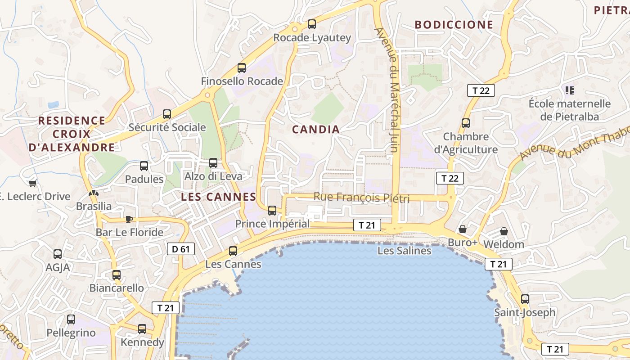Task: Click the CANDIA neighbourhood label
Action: point(316,130)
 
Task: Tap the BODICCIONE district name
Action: point(454,25)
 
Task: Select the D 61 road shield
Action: point(181,249)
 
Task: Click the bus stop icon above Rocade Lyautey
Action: point(311,24)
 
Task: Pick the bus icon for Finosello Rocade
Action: point(242,68)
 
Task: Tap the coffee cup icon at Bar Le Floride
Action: point(129,219)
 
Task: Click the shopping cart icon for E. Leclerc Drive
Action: point(32,183)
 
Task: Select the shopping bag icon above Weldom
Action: point(504,231)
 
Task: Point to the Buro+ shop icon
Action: point(462,229)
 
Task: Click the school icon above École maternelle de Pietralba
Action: point(570,90)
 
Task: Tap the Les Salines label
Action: point(404,251)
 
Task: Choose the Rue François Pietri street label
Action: point(361,197)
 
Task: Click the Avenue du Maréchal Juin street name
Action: point(388,90)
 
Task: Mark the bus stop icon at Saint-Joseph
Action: point(525,299)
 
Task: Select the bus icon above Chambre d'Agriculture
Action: point(466,123)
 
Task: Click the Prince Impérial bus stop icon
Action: point(272,210)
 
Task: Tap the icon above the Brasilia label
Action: point(93,193)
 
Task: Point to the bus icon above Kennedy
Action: point(142,329)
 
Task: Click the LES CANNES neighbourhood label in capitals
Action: point(218,197)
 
